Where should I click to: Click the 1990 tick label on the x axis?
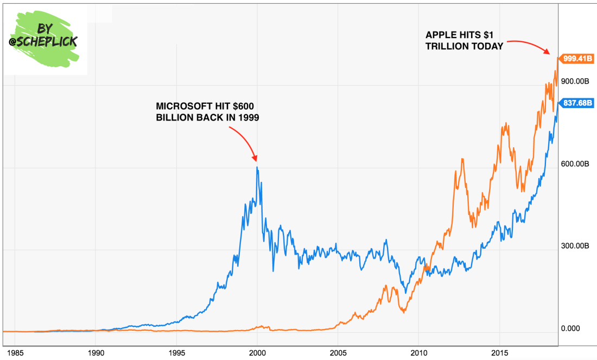[96, 352]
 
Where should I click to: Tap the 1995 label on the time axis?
[177, 352]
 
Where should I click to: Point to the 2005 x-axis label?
[338, 352]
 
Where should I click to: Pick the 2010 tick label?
[419, 352]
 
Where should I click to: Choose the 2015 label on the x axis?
[500, 352]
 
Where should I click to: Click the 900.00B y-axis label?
[575, 81]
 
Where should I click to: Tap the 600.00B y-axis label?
[575, 163]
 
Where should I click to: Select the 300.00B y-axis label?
[575, 246]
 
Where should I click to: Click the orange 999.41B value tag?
[576, 58]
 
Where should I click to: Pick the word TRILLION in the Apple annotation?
[448, 47]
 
